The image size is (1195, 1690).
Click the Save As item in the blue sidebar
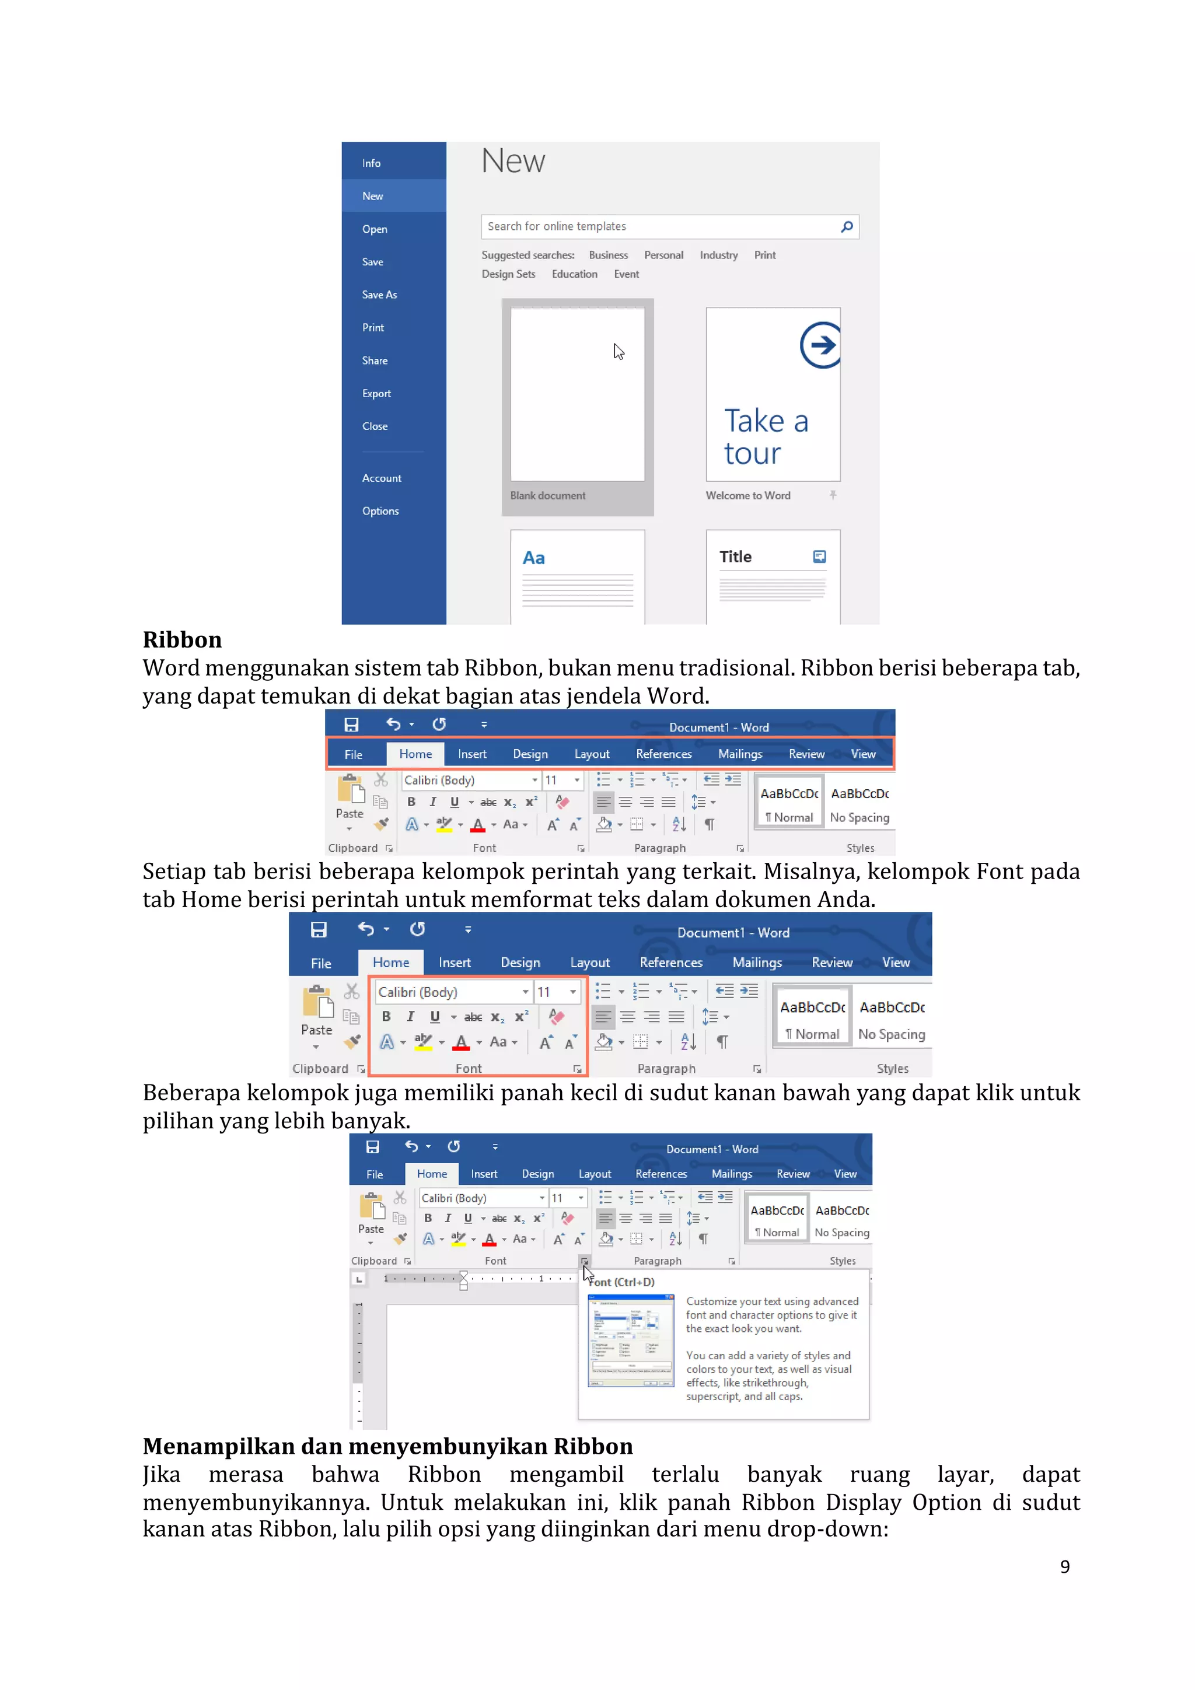[x=379, y=295]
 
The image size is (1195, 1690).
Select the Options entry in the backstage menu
[x=380, y=511]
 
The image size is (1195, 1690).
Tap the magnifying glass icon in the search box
[x=847, y=226]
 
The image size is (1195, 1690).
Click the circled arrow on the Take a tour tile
[x=820, y=345]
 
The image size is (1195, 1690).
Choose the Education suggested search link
[x=574, y=274]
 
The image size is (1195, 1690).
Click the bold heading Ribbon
[x=182, y=639]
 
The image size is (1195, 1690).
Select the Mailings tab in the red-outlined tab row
[x=740, y=754]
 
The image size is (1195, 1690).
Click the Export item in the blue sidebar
[x=376, y=393]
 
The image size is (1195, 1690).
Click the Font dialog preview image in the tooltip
[x=630, y=1341]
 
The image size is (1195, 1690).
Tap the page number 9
[x=1065, y=1566]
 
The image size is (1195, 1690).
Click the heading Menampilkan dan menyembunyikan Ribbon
[x=387, y=1446]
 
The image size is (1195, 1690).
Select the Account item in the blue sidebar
[x=382, y=478]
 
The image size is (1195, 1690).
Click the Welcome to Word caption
[x=747, y=495]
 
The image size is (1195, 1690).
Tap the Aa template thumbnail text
[x=533, y=558]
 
